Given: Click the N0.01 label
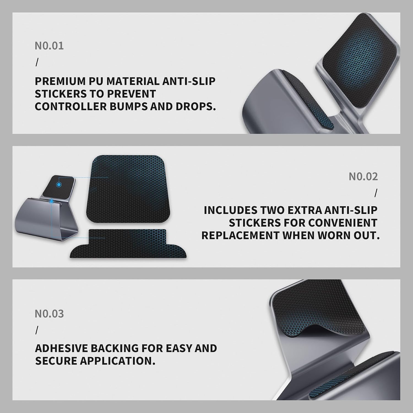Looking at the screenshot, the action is [49, 46].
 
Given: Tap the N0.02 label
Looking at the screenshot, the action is [363, 176].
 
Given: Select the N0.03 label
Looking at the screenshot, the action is [49, 314].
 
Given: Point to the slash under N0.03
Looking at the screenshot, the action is [37, 330].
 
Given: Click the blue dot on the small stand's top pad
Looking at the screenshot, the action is [59, 184].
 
